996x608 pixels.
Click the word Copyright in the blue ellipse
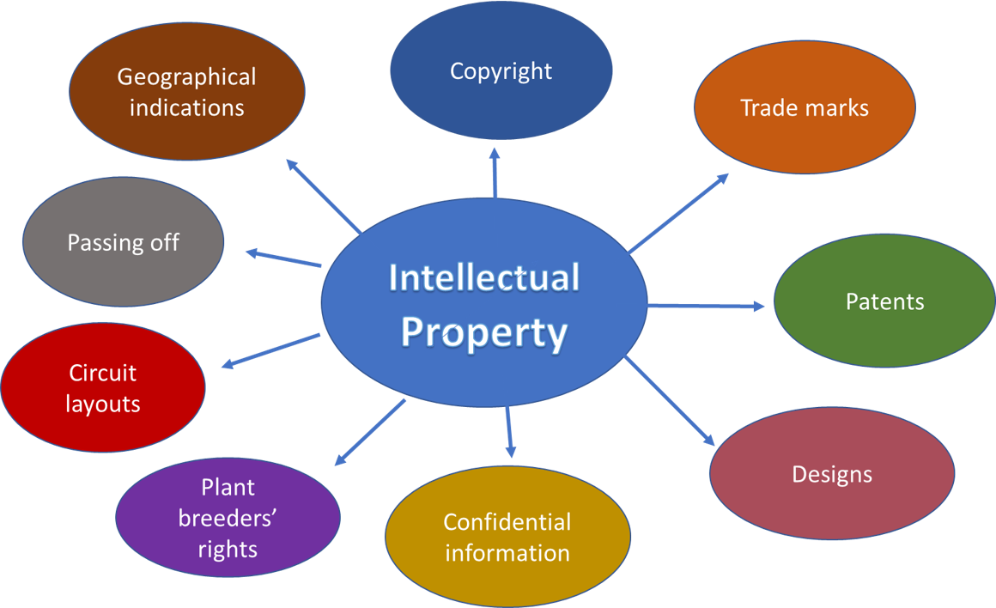click(501, 70)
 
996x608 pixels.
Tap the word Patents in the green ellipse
click(884, 301)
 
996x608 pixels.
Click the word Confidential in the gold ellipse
click(507, 521)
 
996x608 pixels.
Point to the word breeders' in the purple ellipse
click(228, 518)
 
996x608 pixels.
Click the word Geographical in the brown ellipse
click(186, 77)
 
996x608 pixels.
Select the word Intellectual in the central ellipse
click(484, 278)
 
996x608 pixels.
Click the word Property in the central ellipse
click(484, 331)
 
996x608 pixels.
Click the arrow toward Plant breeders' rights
click(370, 432)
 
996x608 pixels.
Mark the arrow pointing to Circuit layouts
click(271, 350)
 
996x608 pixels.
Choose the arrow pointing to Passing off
click(283, 258)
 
